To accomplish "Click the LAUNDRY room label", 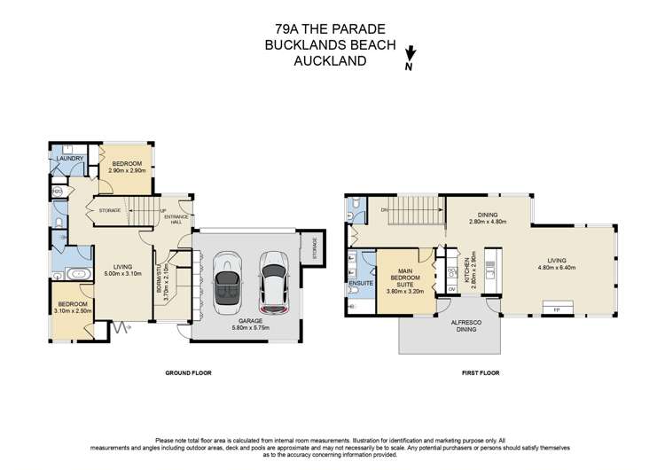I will coord(69,160).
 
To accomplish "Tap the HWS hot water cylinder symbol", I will coord(57,191).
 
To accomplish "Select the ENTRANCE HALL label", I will coord(176,218).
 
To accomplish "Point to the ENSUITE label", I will coord(360,283).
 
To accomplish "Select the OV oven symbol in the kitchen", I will coord(450,288).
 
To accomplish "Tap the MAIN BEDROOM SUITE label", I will coord(406,279).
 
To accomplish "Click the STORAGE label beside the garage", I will coord(313,249).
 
